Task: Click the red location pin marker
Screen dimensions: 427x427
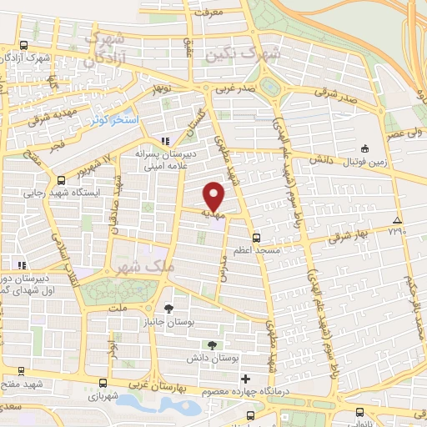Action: [214, 197]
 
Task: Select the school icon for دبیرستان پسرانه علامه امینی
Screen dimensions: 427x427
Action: [165, 141]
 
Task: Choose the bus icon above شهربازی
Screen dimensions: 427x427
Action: [102, 383]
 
